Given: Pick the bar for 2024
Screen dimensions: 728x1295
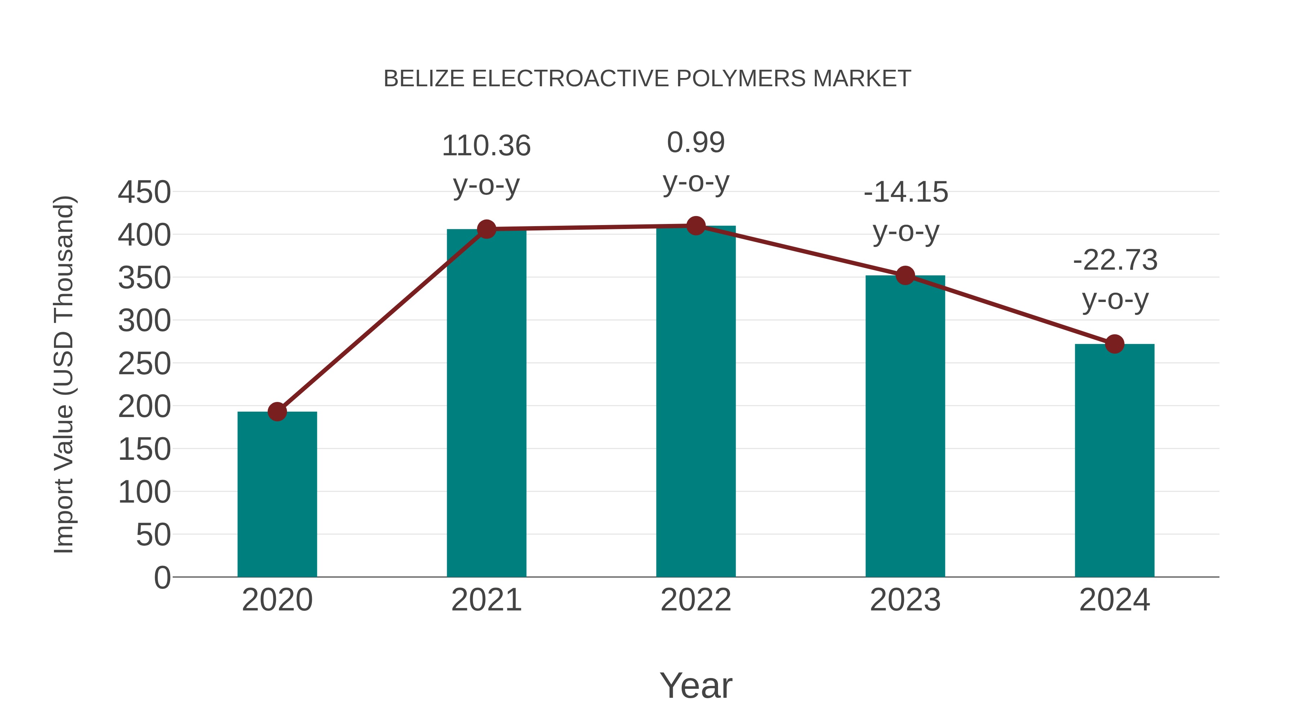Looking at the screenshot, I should pos(1114,460).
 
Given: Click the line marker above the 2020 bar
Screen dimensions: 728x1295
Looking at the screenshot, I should pos(277,412).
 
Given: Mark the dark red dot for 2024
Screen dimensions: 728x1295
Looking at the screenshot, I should pos(1114,344).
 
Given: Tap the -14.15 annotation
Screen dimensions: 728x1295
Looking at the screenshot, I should pos(905,192).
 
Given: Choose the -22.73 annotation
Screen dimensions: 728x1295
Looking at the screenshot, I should pos(1115,260).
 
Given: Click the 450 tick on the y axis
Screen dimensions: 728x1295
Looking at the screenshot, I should pos(144,192).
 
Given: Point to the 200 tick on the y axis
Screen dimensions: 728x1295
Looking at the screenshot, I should pos(144,407).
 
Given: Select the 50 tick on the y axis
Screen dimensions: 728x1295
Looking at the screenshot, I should pos(153,535).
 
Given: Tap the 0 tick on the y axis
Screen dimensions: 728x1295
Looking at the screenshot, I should pos(162,577).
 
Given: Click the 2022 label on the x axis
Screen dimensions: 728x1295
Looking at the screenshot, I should pos(696,600).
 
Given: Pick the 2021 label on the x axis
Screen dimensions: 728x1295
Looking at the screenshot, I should pos(486,600).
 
